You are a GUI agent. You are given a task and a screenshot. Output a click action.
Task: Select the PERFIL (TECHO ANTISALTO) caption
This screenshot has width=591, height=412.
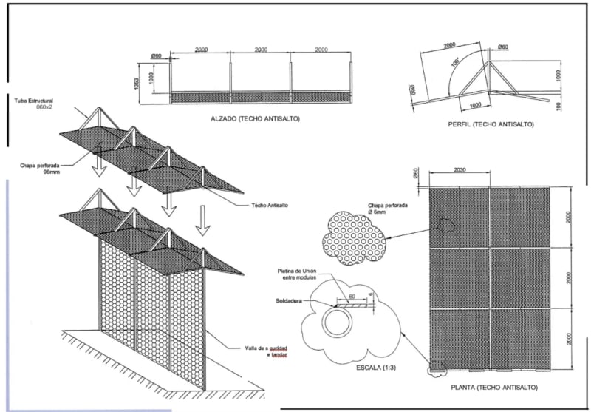pos(491,124)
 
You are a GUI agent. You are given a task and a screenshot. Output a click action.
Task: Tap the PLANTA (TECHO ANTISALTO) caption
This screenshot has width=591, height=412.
pos(493,387)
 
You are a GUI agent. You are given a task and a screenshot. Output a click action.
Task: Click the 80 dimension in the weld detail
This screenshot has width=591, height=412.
pos(352,295)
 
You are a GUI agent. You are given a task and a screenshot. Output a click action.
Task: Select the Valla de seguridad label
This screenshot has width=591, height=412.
pos(264,351)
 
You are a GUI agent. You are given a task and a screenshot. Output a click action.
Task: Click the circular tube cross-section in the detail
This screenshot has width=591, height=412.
pos(338,322)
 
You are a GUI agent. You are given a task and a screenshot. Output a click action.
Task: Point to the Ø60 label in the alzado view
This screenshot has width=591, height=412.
pos(156,55)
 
